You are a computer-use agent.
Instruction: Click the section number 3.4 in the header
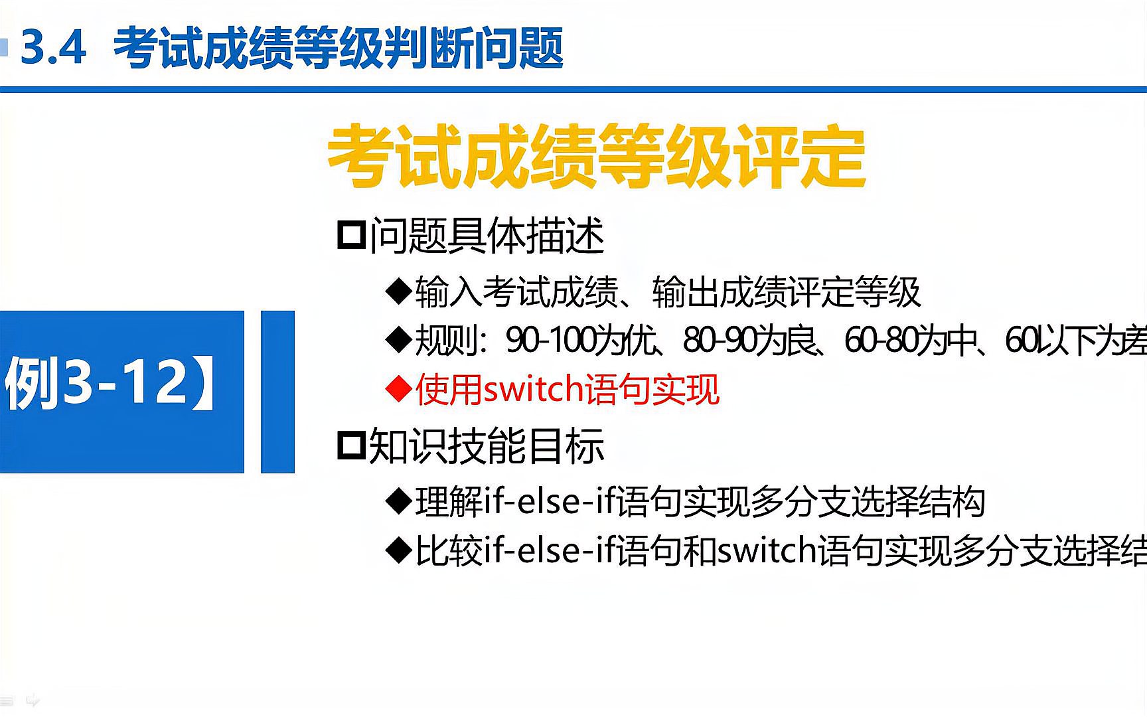(53, 48)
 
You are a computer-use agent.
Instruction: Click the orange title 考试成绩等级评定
(596, 157)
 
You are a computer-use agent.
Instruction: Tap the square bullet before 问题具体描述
(351, 236)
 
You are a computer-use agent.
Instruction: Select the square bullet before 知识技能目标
(351, 445)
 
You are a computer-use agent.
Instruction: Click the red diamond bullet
(399, 390)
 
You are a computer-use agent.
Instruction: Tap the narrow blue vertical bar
(277, 392)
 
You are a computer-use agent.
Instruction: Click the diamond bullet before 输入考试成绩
(399, 292)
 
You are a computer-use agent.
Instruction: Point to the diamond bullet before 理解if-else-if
(399, 502)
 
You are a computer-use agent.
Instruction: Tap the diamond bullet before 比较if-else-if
(399, 552)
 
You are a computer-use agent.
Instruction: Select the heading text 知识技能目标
(487, 445)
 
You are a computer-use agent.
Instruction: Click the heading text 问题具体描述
(487, 236)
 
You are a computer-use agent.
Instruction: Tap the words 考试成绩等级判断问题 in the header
(339, 48)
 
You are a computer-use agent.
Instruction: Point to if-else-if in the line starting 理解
(551, 501)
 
